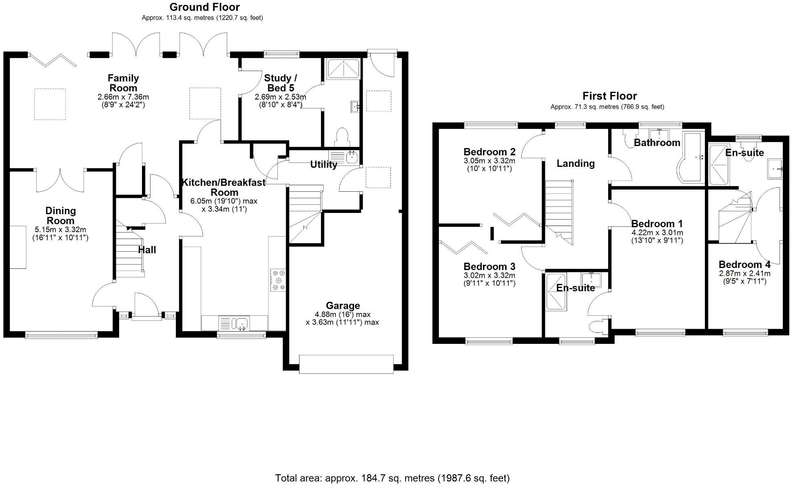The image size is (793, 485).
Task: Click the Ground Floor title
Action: tap(204, 7)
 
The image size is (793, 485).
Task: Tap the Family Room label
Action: tap(123, 83)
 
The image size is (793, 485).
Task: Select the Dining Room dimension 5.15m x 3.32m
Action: tap(60, 230)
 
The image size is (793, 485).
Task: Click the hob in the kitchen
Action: tap(278, 280)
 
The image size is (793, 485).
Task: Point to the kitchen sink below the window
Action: tap(240, 323)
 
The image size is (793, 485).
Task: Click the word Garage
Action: tap(343, 306)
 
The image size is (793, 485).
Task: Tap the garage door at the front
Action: tap(346, 364)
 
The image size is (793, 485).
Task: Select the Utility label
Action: tap(323, 164)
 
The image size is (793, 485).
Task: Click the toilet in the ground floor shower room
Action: tap(341, 137)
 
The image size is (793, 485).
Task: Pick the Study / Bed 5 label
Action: tap(280, 83)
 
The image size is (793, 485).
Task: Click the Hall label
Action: tap(147, 250)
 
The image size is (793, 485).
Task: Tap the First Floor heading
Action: tap(609, 96)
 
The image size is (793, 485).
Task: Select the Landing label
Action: tap(576, 163)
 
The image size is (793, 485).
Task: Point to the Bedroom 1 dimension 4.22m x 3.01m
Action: tap(657, 233)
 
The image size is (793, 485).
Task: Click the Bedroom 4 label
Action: tap(744, 264)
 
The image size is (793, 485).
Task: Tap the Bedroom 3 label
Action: tap(490, 266)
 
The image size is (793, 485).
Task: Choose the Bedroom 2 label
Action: tap(490, 152)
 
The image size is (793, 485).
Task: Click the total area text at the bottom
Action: tap(392, 478)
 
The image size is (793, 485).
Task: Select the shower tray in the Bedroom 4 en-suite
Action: tap(718, 165)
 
